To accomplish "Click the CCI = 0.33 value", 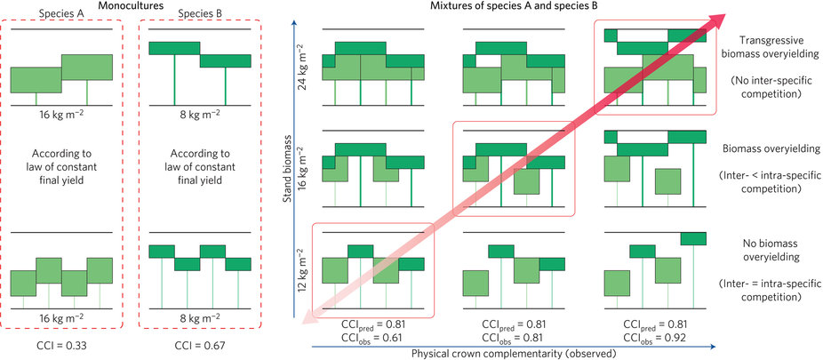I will tap(61, 341).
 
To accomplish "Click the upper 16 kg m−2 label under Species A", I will tap(61, 116).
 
